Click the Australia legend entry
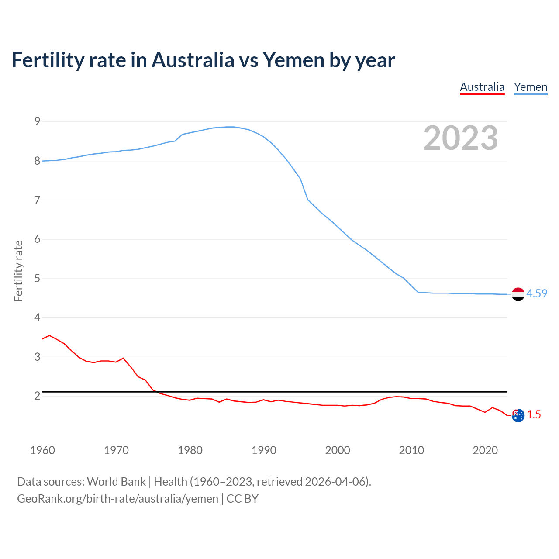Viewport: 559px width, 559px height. click(482, 87)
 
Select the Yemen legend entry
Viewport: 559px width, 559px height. click(530, 87)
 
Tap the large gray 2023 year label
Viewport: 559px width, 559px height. click(461, 138)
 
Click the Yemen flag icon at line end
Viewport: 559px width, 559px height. click(518, 294)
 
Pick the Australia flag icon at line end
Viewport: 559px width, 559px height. click(518, 415)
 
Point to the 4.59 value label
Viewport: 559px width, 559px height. click(537, 293)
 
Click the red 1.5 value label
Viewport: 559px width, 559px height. click(534, 414)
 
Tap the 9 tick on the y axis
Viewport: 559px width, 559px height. click(37, 121)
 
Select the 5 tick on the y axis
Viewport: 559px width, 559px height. click(37, 278)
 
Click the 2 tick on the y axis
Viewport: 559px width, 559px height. click(37, 396)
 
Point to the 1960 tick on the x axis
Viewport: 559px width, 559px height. click(42, 450)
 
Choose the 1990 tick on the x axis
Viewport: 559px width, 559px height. click(264, 450)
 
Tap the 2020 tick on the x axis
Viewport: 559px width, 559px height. click(485, 450)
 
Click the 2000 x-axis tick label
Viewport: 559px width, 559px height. click(338, 450)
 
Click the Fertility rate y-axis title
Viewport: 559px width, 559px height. click(18, 271)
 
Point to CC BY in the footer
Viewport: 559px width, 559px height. click(242, 498)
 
